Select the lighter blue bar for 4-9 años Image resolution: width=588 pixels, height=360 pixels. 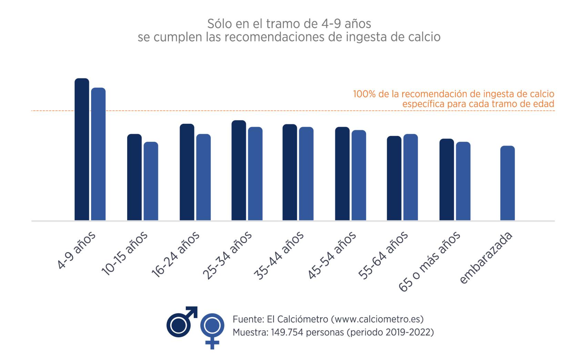click(98, 154)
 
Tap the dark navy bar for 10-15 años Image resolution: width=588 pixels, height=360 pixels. click(134, 177)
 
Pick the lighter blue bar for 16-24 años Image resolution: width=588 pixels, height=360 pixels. click(203, 177)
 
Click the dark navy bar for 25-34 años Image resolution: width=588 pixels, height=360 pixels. click(239, 170)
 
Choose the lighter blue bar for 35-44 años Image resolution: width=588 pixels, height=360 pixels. click(306, 174)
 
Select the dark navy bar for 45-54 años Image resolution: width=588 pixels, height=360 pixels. click(342, 174)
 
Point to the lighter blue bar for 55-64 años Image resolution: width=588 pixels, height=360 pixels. click(410, 177)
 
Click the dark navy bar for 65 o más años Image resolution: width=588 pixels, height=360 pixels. click(446, 180)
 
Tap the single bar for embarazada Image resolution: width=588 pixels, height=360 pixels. click(507, 183)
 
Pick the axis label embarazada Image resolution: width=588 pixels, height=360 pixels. click(486, 258)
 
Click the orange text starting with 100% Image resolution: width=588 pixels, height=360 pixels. click(453, 94)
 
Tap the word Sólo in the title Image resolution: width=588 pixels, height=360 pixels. click(218, 24)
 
